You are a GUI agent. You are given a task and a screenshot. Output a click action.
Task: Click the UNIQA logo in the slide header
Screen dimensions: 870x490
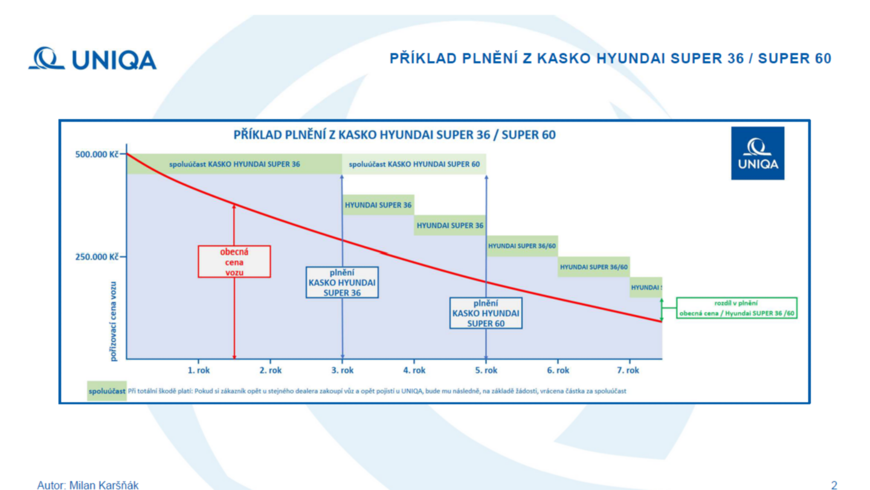coord(92,59)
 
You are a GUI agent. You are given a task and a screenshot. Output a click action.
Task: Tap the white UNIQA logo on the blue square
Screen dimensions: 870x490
coord(758,153)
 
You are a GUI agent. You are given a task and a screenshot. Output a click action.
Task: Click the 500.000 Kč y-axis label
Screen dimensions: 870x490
coord(97,154)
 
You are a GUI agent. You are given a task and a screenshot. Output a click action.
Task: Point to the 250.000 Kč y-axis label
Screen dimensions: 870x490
coord(97,256)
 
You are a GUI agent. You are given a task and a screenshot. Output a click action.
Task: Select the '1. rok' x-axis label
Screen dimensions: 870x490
coord(198,370)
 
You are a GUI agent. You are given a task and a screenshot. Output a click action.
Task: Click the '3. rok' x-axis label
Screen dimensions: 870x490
coord(342,370)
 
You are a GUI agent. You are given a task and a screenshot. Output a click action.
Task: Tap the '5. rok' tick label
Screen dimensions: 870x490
coord(486,370)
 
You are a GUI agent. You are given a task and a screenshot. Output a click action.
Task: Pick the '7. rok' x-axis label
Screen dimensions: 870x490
coord(628,370)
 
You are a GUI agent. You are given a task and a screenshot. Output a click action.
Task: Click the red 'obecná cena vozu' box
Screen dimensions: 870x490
coord(234,262)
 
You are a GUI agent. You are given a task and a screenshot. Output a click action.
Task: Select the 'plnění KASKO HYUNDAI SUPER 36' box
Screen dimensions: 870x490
coord(342,283)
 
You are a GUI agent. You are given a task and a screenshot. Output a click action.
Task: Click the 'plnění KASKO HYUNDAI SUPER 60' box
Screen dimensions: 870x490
coord(486,313)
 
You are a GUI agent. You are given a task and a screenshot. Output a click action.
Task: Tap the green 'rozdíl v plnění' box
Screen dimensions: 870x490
coord(736,308)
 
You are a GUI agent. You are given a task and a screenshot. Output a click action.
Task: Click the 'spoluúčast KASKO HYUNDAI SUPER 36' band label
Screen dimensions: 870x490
coord(234,164)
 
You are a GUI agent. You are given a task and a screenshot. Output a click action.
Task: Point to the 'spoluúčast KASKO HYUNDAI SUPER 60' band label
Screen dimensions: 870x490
coord(414,164)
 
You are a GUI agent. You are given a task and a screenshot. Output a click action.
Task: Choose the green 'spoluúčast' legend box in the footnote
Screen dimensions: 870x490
coord(107,391)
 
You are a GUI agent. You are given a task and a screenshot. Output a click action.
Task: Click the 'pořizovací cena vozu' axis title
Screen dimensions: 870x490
coord(113,322)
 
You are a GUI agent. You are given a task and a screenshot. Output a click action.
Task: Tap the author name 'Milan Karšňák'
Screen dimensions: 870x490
coord(104,485)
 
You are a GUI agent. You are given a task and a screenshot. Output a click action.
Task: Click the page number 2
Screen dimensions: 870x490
coord(834,485)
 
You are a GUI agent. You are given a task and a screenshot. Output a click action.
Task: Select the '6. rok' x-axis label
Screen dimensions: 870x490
coord(558,370)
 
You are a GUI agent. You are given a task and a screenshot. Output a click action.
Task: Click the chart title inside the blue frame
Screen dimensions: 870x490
coord(394,135)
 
